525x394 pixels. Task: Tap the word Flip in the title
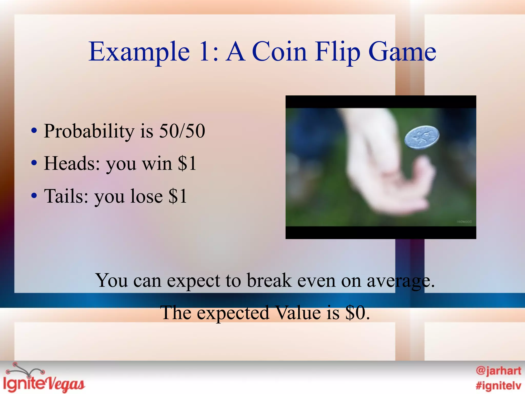click(338, 52)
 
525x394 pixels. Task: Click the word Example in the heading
click(139, 52)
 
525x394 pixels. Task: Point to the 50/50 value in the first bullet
click(182, 131)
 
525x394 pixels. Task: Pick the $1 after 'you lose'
click(178, 196)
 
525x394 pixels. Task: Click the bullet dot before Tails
click(34, 196)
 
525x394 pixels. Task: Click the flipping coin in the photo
click(422, 137)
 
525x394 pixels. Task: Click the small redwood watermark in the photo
click(464, 222)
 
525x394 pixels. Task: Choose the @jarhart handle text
click(498, 371)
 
